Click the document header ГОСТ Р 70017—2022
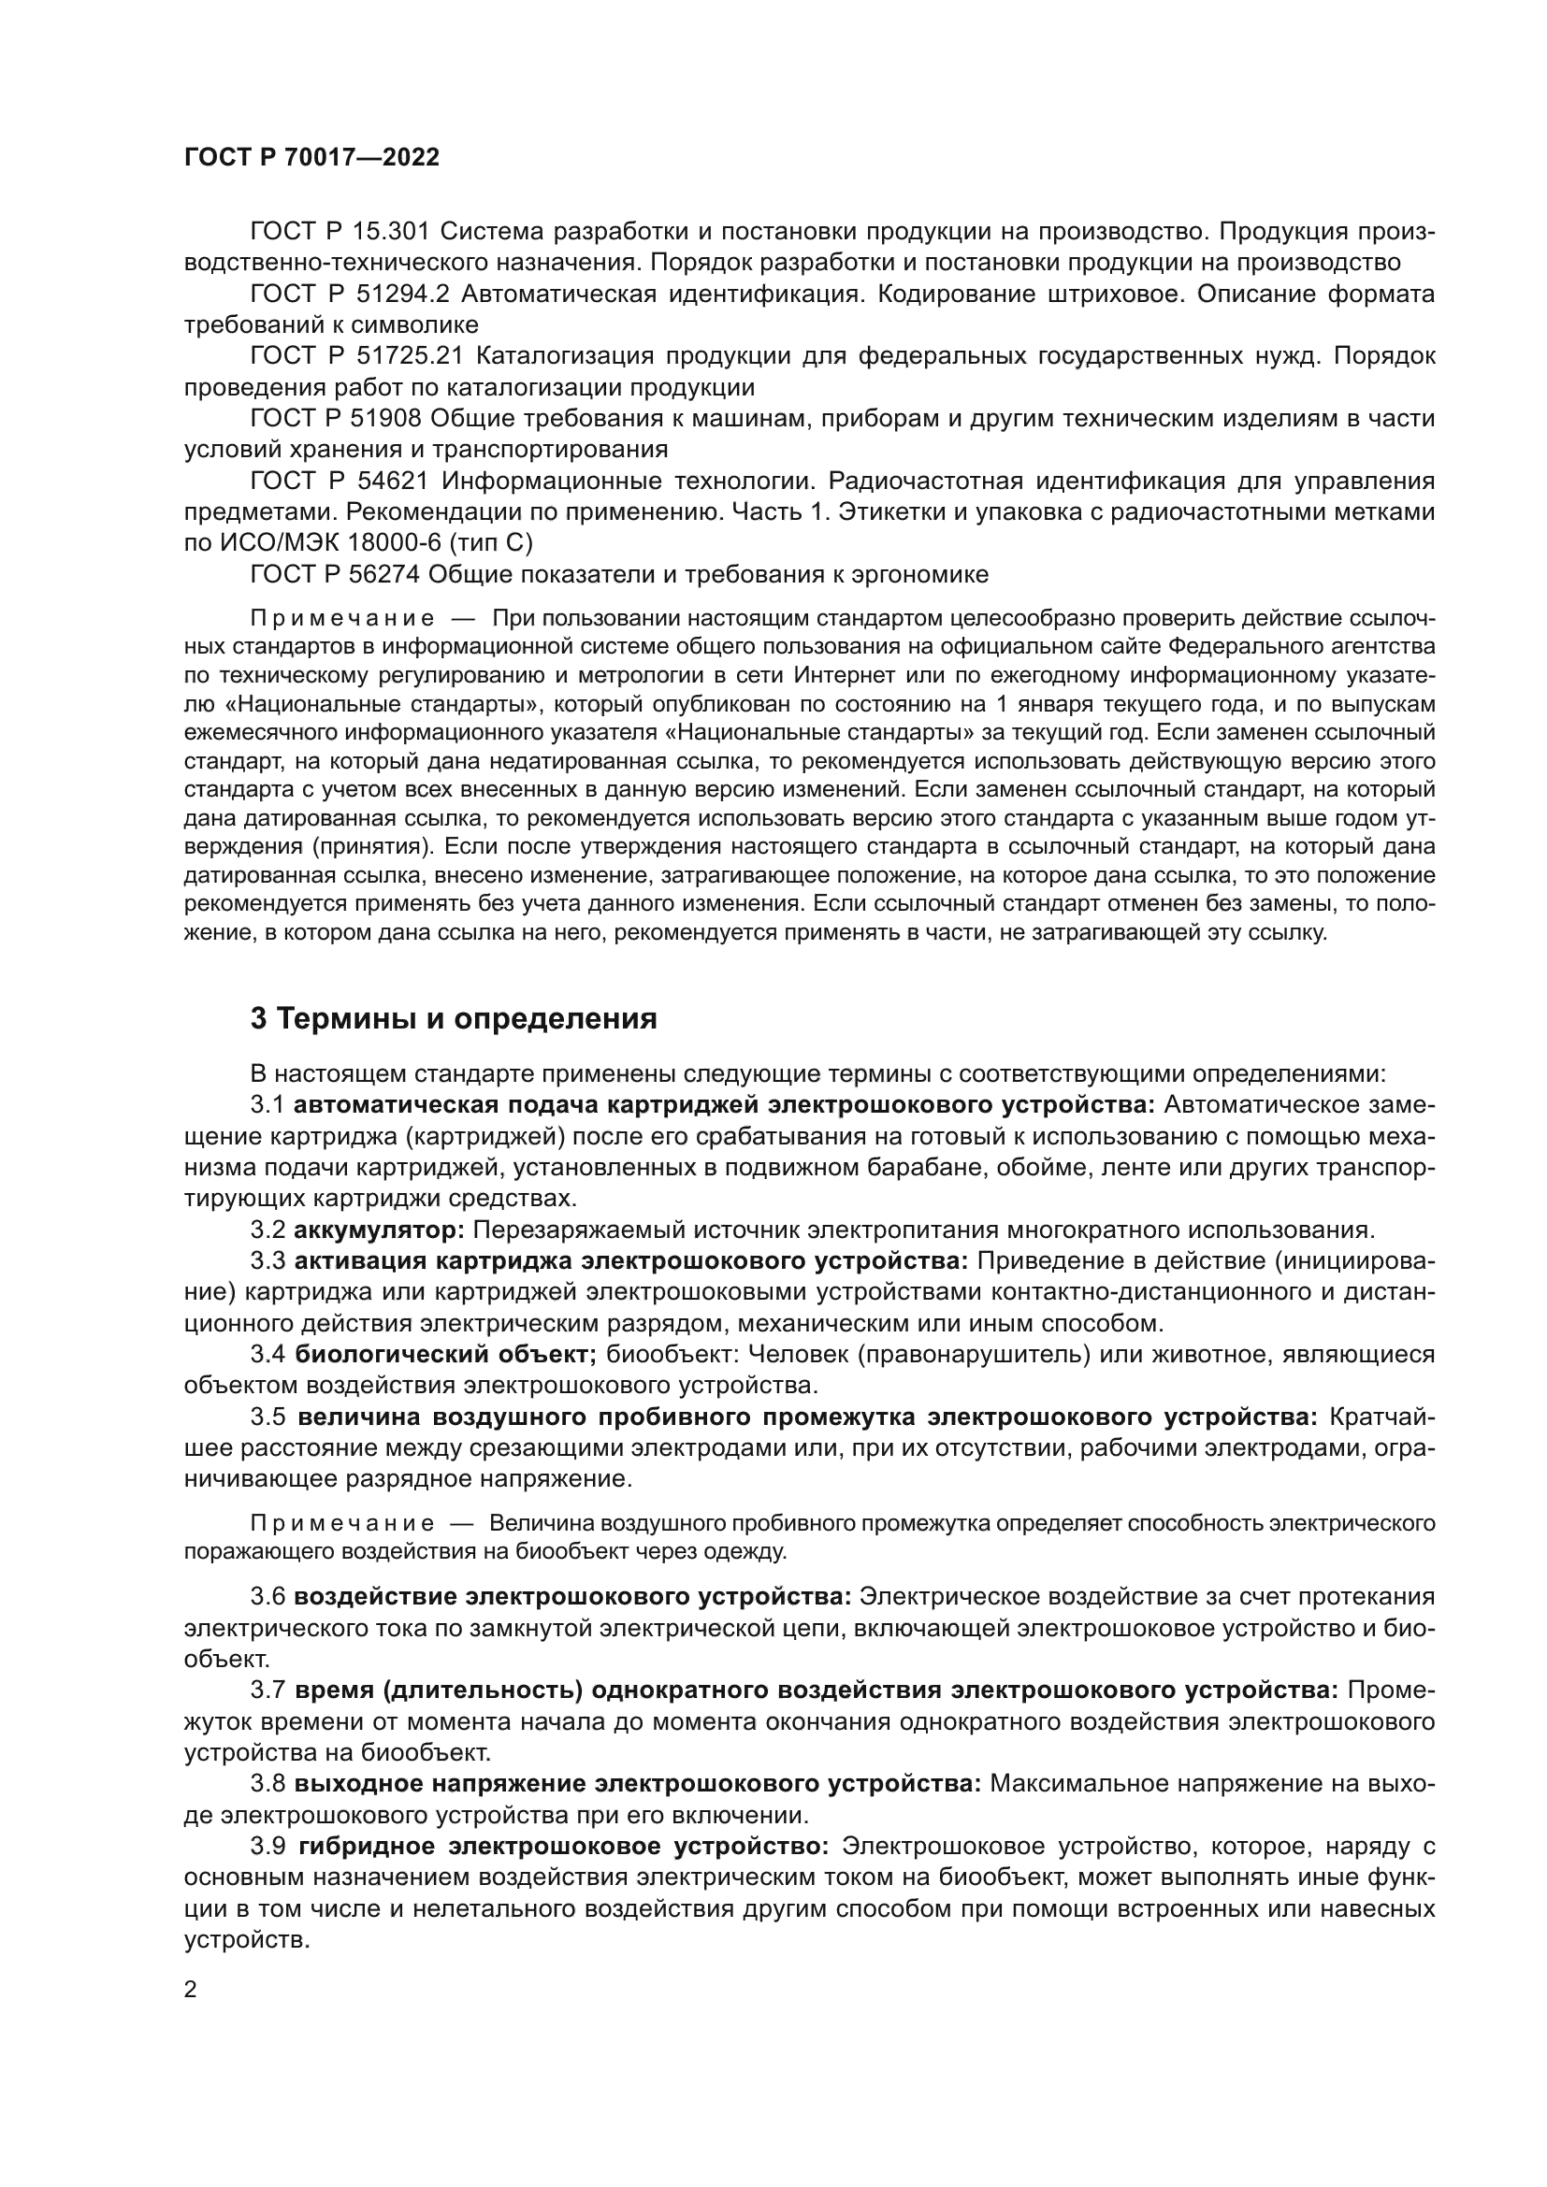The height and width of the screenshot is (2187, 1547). click(311, 158)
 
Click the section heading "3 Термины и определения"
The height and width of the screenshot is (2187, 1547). click(454, 1019)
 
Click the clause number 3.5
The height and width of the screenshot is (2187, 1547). click(267, 1417)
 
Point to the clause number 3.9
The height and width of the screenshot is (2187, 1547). click(267, 1846)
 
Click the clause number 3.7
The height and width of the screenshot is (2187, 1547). click(267, 1690)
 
